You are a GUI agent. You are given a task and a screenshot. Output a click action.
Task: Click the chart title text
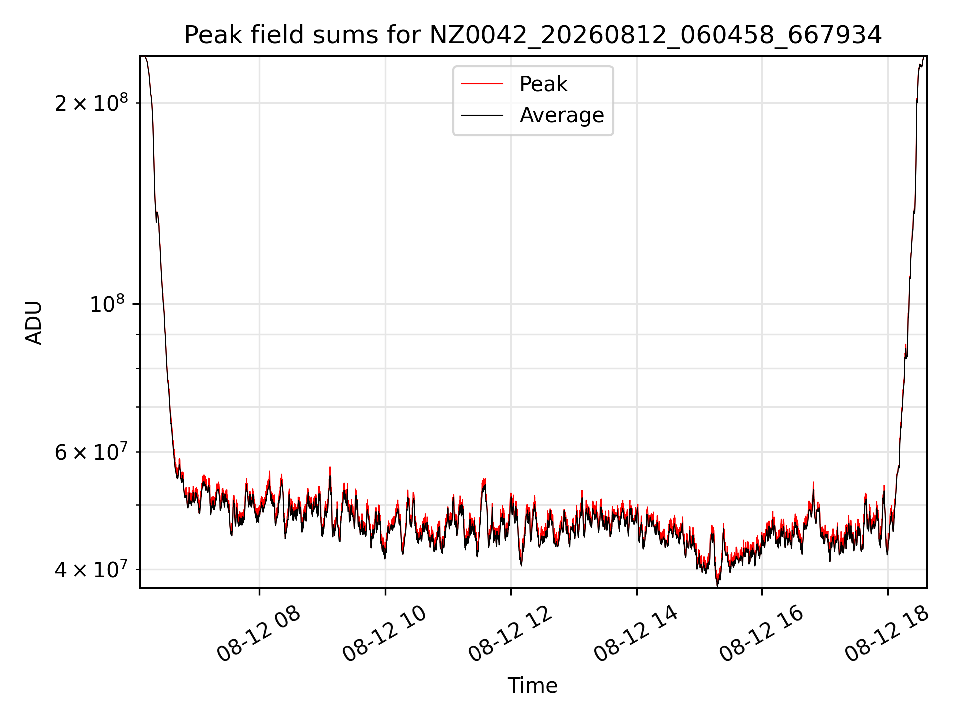point(533,35)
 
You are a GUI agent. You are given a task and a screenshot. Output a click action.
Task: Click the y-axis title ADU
point(34,322)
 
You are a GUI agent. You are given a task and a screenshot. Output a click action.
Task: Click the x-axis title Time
point(532,685)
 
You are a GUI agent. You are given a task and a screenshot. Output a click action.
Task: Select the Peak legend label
point(543,84)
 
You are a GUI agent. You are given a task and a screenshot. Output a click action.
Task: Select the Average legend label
point(562,115)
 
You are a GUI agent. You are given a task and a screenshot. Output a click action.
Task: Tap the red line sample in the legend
point(482,84)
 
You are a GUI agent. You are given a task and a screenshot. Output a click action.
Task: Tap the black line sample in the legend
point(482,115)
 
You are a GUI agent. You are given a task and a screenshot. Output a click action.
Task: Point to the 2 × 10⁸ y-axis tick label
point(91,103)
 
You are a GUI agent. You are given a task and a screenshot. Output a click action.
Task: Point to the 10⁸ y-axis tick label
point(109,303)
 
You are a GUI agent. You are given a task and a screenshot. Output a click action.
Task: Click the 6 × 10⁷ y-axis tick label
point(91,452)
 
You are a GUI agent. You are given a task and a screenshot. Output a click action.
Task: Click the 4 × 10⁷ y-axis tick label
point(91,569)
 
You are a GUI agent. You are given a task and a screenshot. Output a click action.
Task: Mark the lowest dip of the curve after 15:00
point(718,585)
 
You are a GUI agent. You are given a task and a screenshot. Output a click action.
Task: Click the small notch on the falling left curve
point(157,218)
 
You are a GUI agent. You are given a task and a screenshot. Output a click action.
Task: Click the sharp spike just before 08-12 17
point(813,483)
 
